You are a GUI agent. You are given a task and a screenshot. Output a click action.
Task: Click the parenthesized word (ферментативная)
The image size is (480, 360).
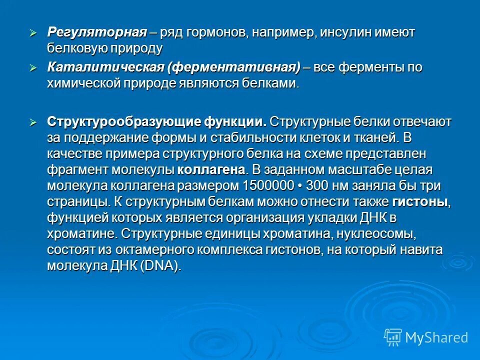pyautogui.click(x=235, y=67)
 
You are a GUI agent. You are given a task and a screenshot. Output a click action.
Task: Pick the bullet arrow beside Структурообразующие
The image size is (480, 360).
pyautogui.click(x=33, y=122)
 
